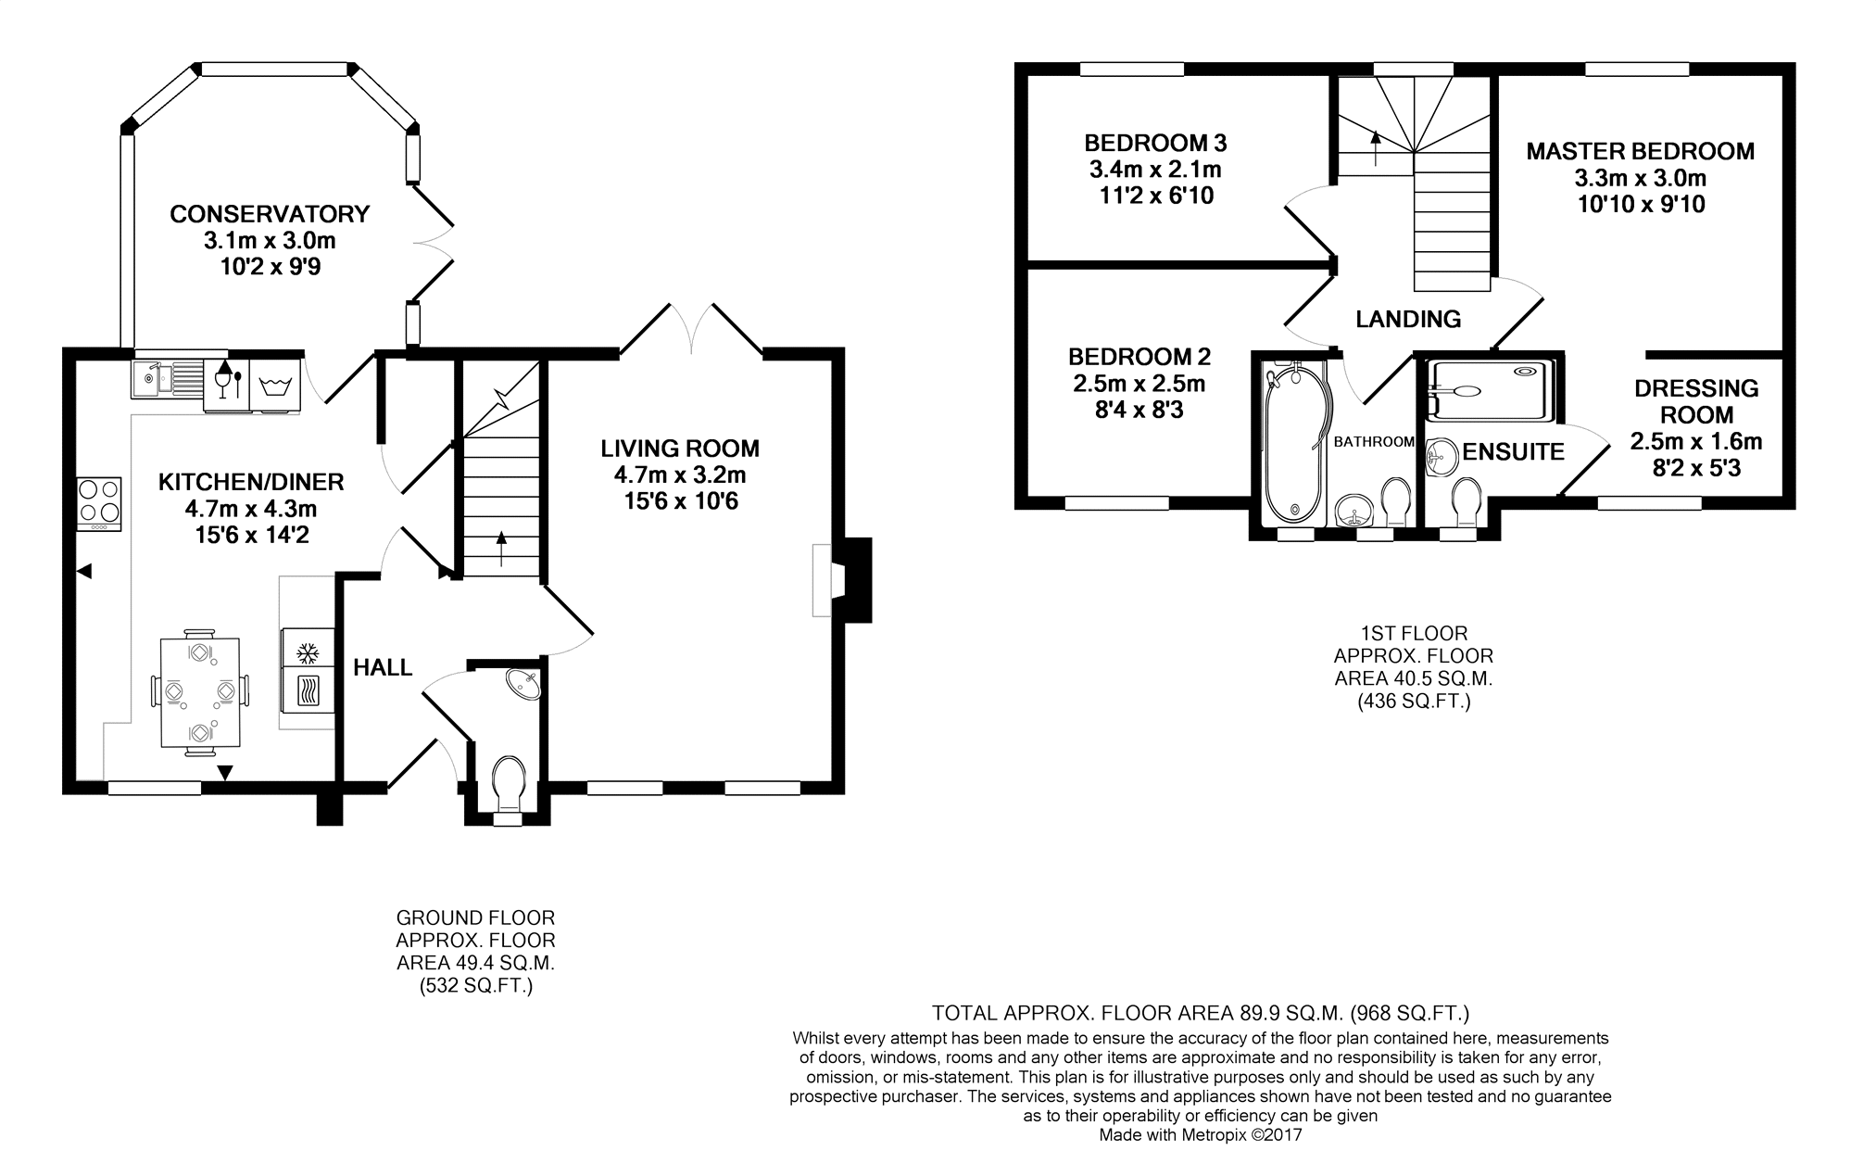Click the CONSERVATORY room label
click(x=270, y=214)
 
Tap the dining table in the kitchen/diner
click(x=200, y=692)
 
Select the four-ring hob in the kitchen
click(x=98, y=503)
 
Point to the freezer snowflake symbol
click(x=307, y=653)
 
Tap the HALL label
click(x=383, y=667)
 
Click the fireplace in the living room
click(x=841, y=580)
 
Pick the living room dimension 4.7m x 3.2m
click(x=680, y=475)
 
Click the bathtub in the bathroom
click(x=1295, y=444)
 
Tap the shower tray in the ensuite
click(x=1489, y=389)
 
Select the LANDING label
click(x=1408, y=319)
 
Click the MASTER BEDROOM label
click(x=1641, y=151)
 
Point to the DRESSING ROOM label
click(x=1696, y=401)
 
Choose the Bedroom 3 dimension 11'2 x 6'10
click(x=1155, y=196)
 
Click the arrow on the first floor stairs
click(x=1375, y=147)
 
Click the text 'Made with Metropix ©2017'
click(x=1201, y=1134)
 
